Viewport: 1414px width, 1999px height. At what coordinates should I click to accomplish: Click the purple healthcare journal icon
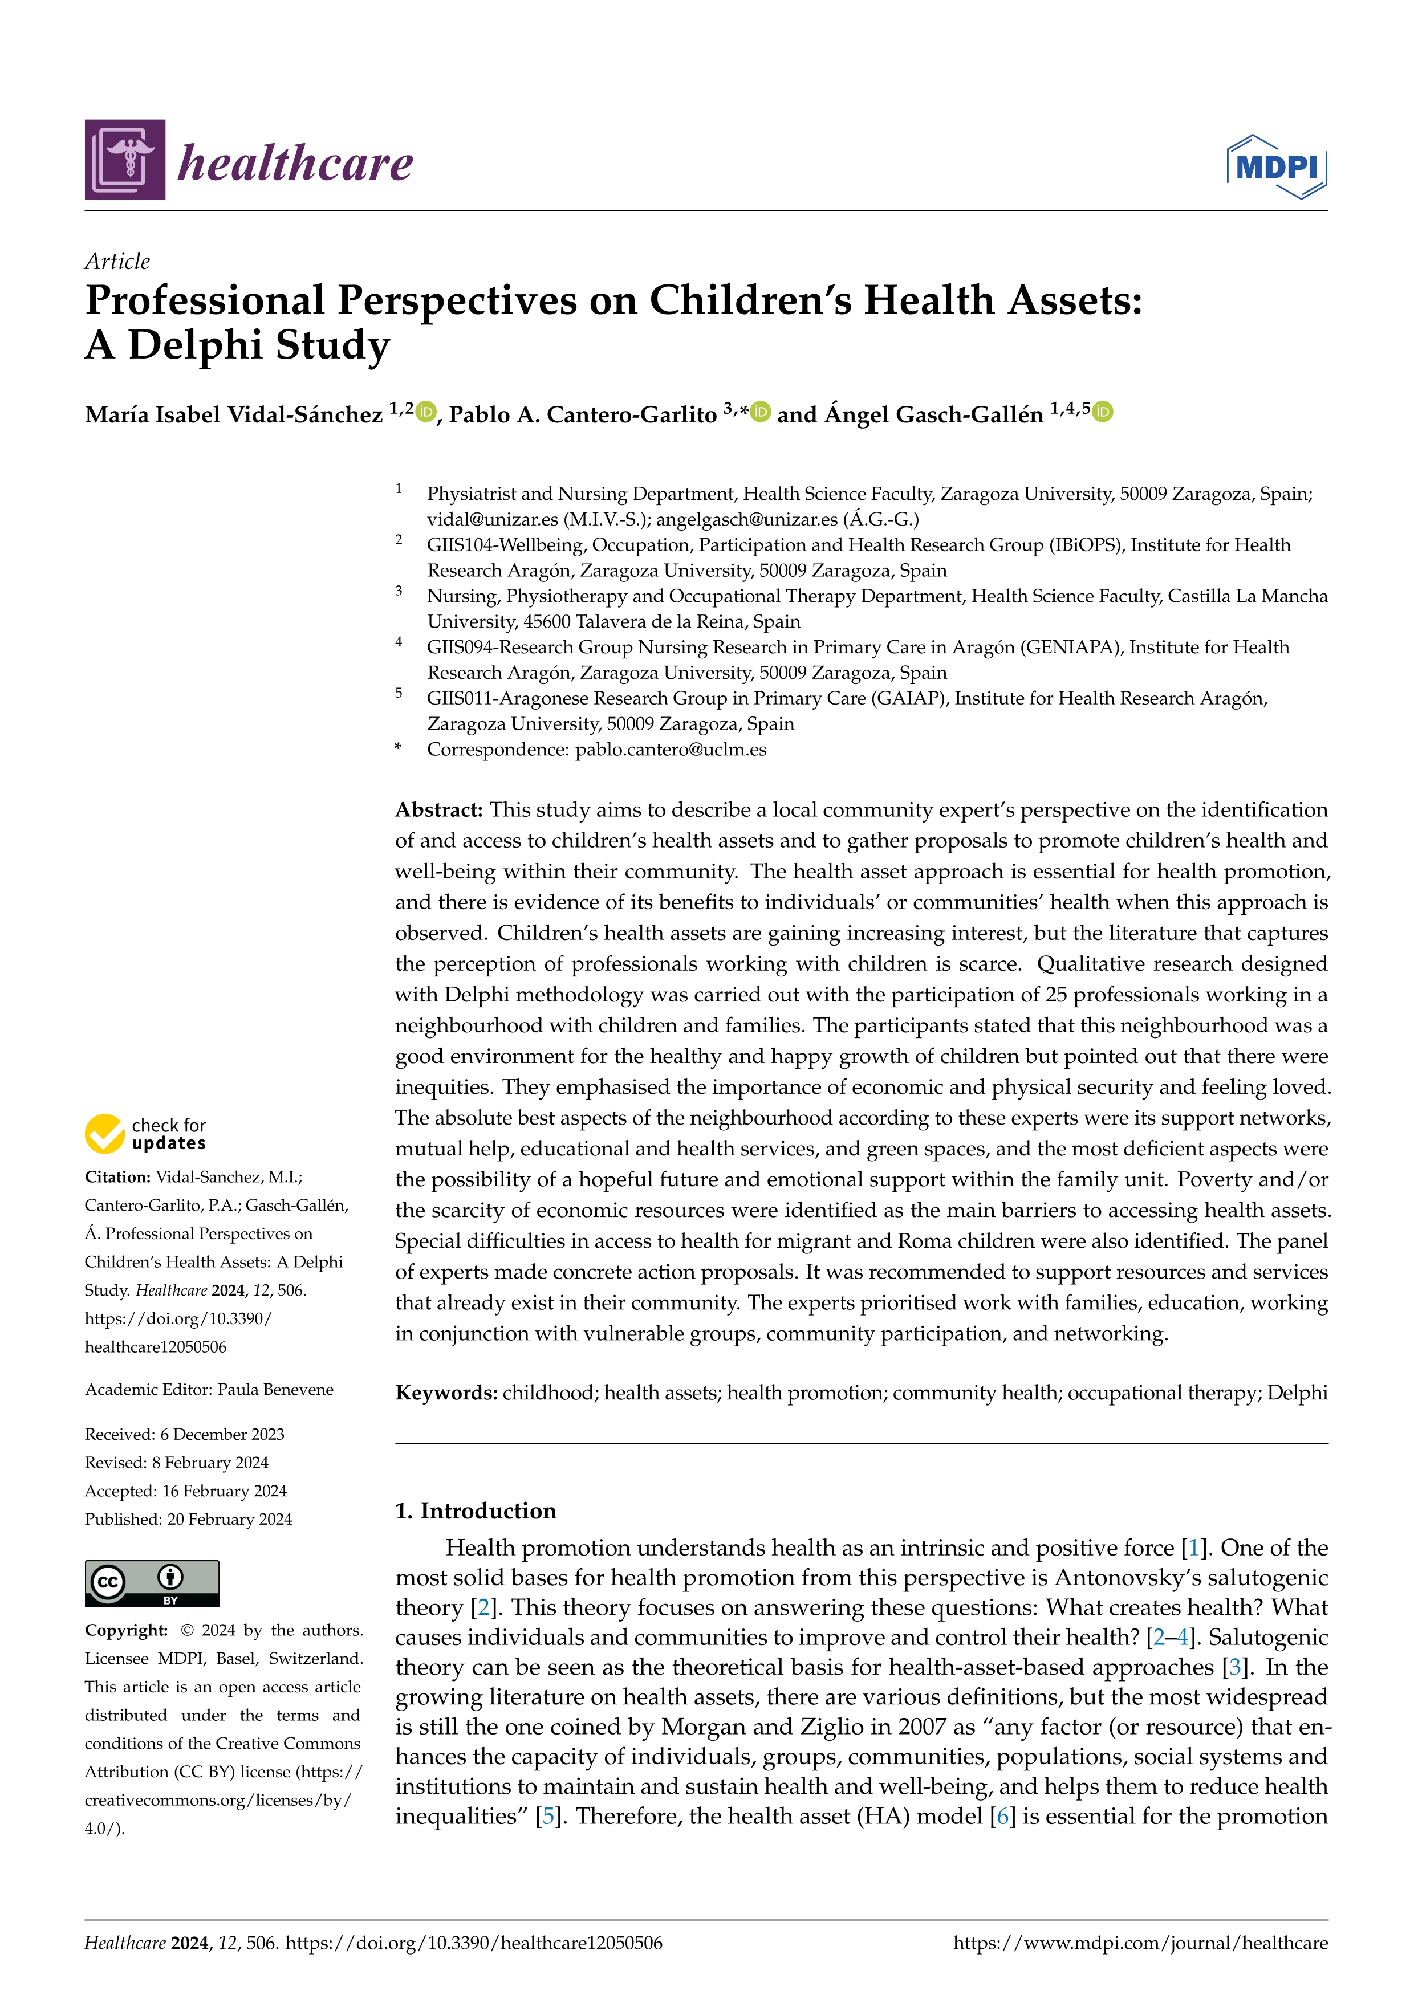click(124, 160)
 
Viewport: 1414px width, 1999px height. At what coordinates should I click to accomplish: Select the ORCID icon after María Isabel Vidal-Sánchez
click(426, 412)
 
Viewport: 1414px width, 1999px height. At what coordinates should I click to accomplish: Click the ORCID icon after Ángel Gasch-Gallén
click(1102, 412)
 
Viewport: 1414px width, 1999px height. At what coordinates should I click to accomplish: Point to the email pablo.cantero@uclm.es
click(671, 750)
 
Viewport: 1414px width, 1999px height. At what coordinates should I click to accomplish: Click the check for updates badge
click(145, 1134)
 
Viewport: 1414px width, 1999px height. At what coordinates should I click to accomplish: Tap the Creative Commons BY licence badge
click(152, 1583)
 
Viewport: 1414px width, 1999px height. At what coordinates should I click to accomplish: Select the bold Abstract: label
click(439, 810)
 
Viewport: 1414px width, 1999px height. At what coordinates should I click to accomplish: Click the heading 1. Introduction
click(476, 1511)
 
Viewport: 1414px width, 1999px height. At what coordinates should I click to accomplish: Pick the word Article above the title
click(117, 261)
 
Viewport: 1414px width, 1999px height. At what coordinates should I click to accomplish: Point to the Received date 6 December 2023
click(222, 1434)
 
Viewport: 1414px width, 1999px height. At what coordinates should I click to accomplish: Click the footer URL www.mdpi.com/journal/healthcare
click(1140, 1943)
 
